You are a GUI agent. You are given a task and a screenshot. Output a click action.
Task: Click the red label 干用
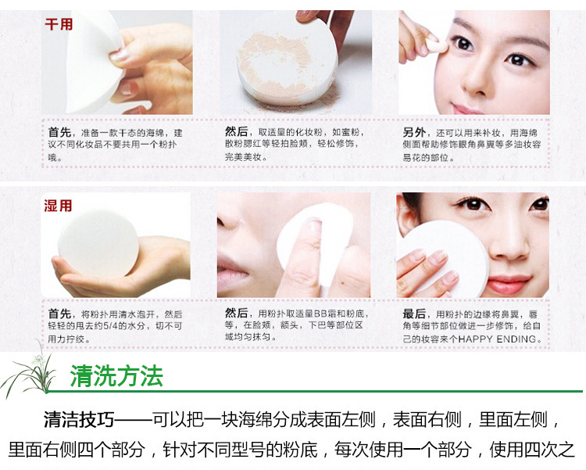pyautogui.click(x=59, y=24)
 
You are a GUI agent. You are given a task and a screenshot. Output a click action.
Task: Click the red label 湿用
pyautogui.click(x=58, y=206)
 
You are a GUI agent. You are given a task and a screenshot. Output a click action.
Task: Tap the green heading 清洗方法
pyautogui.click(x=116, y=375)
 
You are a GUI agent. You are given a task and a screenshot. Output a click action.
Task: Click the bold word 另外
pyautogui.click(x=414, y=132)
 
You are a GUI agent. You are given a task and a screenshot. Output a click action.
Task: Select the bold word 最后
pyautogui.click(x=414, y=314)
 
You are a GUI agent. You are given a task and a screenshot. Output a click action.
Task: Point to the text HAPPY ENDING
pyautogui.click(x=497, y=339)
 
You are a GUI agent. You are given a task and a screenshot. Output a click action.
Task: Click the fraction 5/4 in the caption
pyautogui.click(x=110, y=326)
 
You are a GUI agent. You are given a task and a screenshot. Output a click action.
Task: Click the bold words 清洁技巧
pyautogui.click(x=79, y=419)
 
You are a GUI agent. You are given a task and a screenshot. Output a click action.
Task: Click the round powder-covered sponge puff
pyautogui.click(x=287, y=63)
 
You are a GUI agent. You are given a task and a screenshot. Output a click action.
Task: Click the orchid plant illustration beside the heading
pyautogui.click(x=28, y=371)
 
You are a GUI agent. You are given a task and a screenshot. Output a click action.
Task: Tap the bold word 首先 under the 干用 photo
pyautogui.click(x=60, y=132)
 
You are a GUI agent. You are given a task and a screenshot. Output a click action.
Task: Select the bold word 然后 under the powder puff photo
pyautogui.click(x=236, y=131)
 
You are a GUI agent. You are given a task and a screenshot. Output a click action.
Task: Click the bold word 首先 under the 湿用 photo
pyautogui.click(x=60, y=314)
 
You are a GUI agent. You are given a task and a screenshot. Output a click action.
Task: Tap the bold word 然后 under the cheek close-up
pyautogui.click(x=236, y=313)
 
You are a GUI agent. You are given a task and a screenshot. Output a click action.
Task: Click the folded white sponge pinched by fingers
pyautogui.click(x=94, y=62)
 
